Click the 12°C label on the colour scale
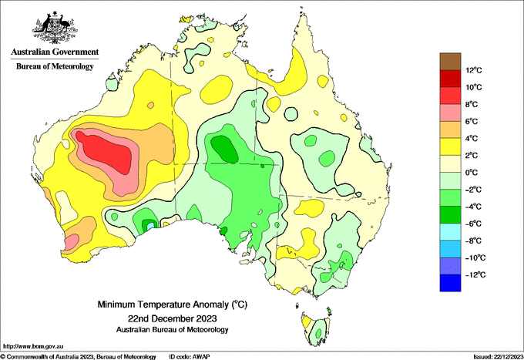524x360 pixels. pyautogui.click(x=474, y=70)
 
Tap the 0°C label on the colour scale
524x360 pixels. pyautogui.click(x=472, y=173)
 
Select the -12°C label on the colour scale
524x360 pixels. pyautogui.click(x=475, y=274)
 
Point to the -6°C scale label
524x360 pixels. pyautogui.click(x=473, y=224)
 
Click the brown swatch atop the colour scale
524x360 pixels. pyautogui.click(x=450, y=62)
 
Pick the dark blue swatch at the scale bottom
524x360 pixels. pyautogui.click(x=450, y=283)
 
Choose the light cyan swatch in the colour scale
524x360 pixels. pyautogui.click(x=450, y=232)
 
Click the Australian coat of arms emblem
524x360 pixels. pyautogui.click(x=55, y=28)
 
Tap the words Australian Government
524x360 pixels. pyautogui.click(x=55, y=52)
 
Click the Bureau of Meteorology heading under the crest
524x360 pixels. pyautogui.click(x=55, y=66)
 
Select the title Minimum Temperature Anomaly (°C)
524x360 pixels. pyautogui.click(x=172, y=304)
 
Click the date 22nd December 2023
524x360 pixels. pyautogui.click(x=172, y=318)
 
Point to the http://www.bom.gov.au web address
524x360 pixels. pyautogui.click(x=33, y=347)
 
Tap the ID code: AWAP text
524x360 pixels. pyautogui.click(x=190, y=357)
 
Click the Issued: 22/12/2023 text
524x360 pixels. pyautogui.click(x=498, y=357)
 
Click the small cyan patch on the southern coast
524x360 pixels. pyautogui.click(x=151, y=226)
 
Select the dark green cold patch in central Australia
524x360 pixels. pyautogui.click(x=224, y=149)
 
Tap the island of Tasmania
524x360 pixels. pyautogui.click(x=316, y=328)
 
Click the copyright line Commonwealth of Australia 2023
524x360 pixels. pyautogui.click(x=78, y=357)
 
